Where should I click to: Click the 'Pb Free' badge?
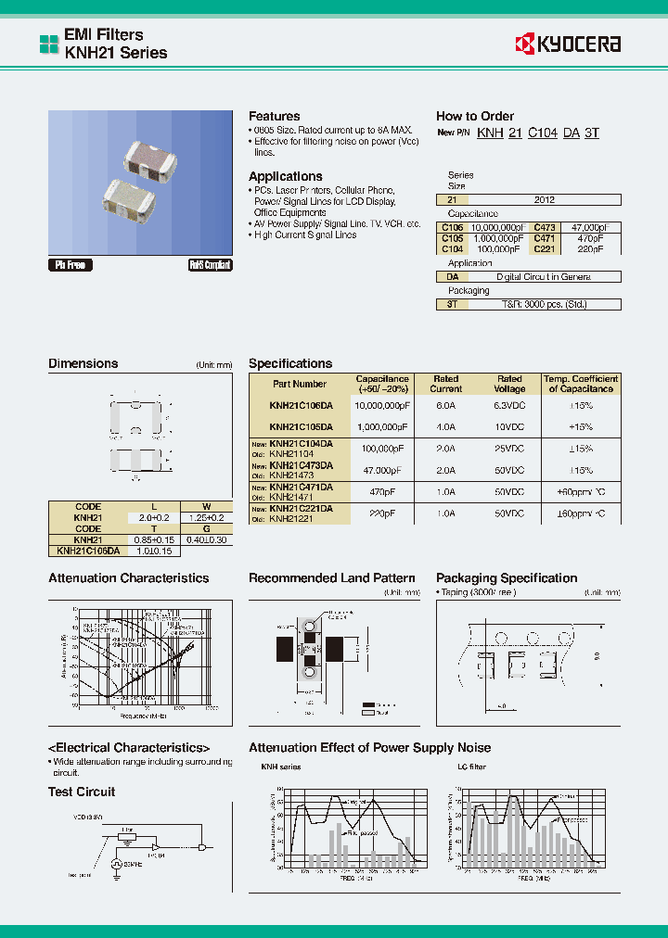[x=70, y=265]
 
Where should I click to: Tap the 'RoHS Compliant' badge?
[x=211, y=265]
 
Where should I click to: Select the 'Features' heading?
[x=274, y=116]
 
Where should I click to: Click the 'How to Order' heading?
[x=474, y=116]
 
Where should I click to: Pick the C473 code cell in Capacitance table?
[x=545, y=227]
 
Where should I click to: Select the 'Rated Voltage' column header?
[x=509, y=384]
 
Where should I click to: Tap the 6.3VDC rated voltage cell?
[x=509, y=405]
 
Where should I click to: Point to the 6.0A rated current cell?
[x=446, y=405]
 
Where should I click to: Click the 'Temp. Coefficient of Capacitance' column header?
[x=581, y=384]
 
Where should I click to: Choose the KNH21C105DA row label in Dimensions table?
[x=88, y=551]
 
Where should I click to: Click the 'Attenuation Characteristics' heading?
[x=128, y=578]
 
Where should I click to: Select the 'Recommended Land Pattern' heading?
[x=331, y=578]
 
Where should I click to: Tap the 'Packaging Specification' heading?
[x=506, y=578]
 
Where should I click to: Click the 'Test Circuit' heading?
[x=82, y=792]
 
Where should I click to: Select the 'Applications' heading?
[x=285, y=176]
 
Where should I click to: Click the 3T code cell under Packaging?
[x=452, y=303]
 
